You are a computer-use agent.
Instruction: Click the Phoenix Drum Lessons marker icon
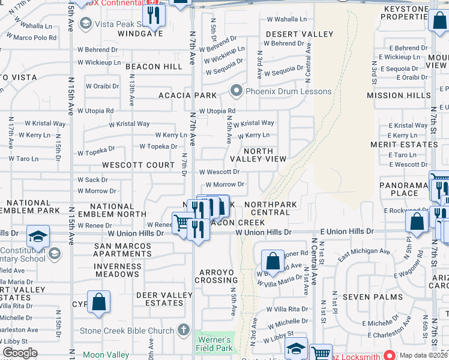[x=236, y=91]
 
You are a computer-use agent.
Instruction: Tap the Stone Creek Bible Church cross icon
[x=184, y=331]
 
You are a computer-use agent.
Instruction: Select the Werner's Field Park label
[x=214, y=343]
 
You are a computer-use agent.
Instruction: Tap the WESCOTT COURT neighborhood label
[x=138, y=164]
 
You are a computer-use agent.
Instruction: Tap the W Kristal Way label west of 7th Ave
[x=129, y=124]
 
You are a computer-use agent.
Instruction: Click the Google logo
[x=20, y=353]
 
